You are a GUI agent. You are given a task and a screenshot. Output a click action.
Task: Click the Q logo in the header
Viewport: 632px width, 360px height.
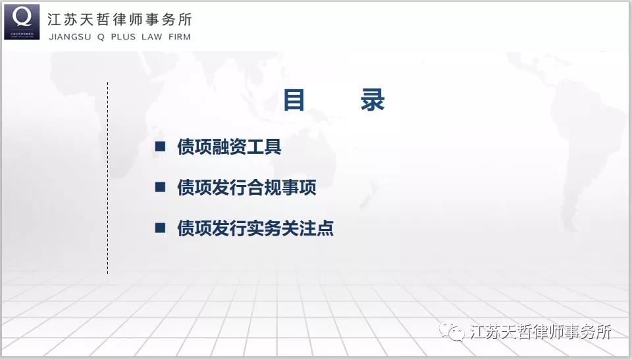pyautogui.click(x=22, y=22)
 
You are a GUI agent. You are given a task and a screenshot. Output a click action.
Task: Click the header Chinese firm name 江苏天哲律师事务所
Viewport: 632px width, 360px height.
pyautogui.click(x=120, y=19)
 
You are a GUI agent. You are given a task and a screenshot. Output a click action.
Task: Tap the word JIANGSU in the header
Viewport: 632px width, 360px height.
pyautogui.click(x=70, y=37)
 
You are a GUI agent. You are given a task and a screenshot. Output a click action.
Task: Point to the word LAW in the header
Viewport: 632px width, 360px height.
pyautogui.click(x=151, y=37)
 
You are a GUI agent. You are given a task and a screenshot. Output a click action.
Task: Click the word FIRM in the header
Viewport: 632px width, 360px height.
pyautogui.click(x=179, y=37)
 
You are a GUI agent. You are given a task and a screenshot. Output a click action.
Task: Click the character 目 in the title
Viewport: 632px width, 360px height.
pyautogui.click(x=294, y=99)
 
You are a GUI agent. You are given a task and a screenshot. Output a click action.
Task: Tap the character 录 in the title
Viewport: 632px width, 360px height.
pyautogui.click(x=373, y=99)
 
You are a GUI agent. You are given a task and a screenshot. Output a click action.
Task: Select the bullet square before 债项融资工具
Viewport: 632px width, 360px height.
pyautogui.click(x=161, y=146)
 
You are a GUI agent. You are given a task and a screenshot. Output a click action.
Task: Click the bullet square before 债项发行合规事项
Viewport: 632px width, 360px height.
pyautogui.click(x=161, y=187)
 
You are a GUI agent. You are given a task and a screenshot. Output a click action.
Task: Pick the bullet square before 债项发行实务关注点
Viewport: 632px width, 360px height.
pyautogui.click(x=161, y=228)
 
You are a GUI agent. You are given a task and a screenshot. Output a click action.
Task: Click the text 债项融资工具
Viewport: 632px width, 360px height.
pyautogui.click(x=229, y=146)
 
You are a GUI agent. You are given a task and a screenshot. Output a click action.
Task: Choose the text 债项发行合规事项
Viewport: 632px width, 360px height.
pyautogui.click(x=247, y=188)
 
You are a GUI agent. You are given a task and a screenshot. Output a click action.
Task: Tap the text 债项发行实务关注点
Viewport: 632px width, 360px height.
pyautogui.click(x=255, y=228)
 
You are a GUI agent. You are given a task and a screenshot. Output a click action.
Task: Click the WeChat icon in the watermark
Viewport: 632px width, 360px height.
pyautogui.click(x=452, y=332)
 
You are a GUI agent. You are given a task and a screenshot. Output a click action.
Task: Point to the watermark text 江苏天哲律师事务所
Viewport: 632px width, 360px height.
pyautogui.click(x=540, y=332)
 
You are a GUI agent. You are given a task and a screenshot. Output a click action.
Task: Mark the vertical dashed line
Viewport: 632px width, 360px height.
pyautogui.click(x=107, y=178)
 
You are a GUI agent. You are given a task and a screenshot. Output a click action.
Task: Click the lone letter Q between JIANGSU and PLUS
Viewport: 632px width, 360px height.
pyautogui.click(x=101, y=37)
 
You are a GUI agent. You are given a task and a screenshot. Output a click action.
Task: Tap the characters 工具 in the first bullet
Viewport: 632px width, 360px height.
pyautogui.click(x=264, y=146)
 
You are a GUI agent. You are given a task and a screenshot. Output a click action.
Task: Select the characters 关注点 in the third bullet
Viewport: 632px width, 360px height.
pyautogui.click(x=307, y=228)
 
